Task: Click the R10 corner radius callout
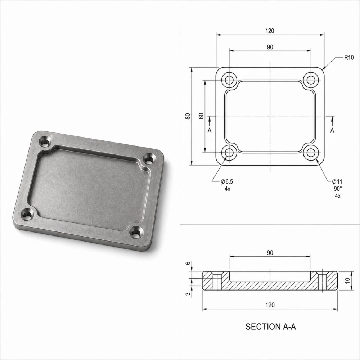tap(349, 57)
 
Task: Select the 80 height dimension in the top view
tap(188, 116)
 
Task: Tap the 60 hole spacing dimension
tap(201, 116)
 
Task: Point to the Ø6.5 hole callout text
tap(227, 181)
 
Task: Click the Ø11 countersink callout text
tap(337, 181)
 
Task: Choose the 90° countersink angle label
tap(338, 189)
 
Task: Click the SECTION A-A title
tap(271, 327)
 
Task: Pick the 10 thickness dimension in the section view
tap(348, 280)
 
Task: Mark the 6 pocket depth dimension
tap(188, 263)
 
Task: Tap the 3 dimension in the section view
tap(188, 294)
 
